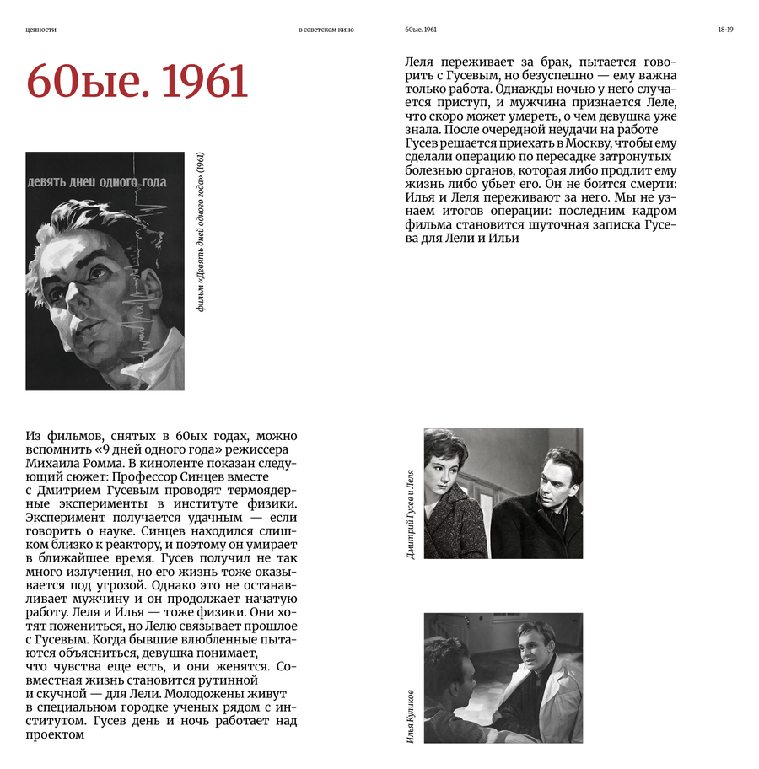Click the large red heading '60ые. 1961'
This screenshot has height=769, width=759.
click(137, 82)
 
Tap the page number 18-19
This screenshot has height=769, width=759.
click(725, 30)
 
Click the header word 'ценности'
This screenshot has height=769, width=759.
click(41, 30)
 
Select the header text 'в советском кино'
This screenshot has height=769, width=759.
click(326, 30)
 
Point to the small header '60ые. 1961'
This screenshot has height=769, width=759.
click(421, 30)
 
